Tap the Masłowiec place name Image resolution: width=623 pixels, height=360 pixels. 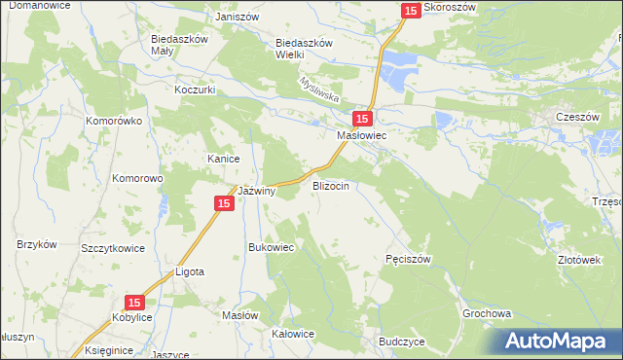(x=362, y=137)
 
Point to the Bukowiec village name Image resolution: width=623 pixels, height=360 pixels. (x=272, y=247)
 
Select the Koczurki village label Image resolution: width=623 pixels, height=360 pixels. (x=195, y=90)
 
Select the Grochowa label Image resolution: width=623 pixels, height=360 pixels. (x=487, y=315)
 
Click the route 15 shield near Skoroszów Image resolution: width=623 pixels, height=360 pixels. (x=411, y=10)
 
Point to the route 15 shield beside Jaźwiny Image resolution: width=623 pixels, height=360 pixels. (x=223, y=202)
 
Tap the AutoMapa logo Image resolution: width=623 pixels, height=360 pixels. (x=558, y=341)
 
